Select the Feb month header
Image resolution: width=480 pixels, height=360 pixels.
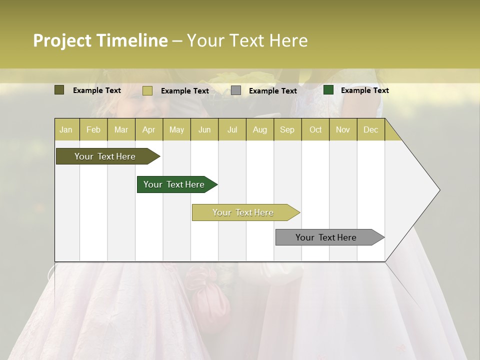(x=93, y=129)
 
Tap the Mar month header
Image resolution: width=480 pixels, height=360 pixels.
(x=121, y=129)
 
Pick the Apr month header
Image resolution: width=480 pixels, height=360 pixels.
(x=149, y=129)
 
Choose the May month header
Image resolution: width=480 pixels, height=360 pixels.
(x=176, y=129)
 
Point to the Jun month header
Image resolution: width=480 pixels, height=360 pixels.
(x=204, y=129)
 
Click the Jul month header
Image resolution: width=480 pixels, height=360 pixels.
(x=232, y=129)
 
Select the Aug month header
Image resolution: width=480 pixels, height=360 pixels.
(x=260, y=129)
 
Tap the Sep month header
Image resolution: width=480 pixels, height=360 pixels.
(x=287, y=129)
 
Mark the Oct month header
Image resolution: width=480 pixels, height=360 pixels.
(x=315, y=129)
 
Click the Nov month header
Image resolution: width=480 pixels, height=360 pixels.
(x=343, y=129)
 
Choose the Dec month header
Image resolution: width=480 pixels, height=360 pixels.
(x=371, y=129)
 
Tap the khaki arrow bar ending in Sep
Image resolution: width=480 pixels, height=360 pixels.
(x=243, y=212)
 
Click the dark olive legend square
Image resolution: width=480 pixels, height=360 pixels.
(x=59, y=90)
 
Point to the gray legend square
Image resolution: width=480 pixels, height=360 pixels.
(x=236, y=90)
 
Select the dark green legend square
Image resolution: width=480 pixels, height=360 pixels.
(x=328, y=90)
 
